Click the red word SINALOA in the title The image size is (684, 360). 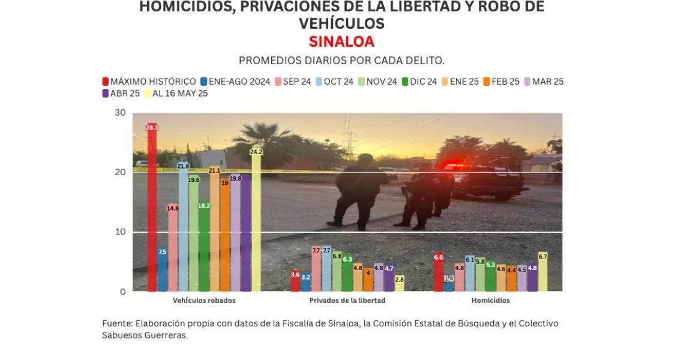[x=341, y=41]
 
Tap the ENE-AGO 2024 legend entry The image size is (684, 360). [x=235, y=82]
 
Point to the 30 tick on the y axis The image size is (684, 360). [x=120, y=113]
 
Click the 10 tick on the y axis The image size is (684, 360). [x=120, y=232]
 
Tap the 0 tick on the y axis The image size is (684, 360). [x=122, y=292]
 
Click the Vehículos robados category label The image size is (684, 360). [x=204, y=301]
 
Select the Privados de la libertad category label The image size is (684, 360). [x=347, y=301]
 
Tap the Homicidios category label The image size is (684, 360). [x=490, y=301]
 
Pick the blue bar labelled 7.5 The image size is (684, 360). [x=163, y=269]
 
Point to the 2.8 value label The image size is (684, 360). [x=400, y=279]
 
